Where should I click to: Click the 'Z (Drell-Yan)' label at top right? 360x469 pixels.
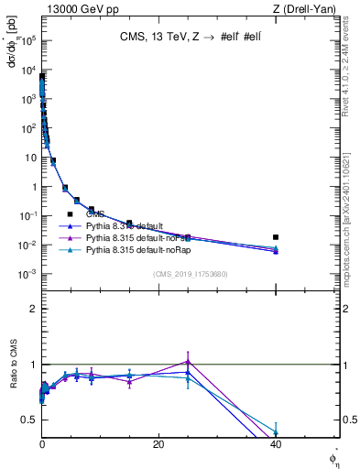click(x=308, y=9)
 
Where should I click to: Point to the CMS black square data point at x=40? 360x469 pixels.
click(x=276, y=237)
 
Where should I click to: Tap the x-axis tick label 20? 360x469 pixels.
click(x=158, y=444)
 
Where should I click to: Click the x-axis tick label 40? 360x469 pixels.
click(x=276, y=444)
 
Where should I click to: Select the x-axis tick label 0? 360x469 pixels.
click(x=42, y=444)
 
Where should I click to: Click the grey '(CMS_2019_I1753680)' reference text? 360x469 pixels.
click(x=191, y=274)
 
